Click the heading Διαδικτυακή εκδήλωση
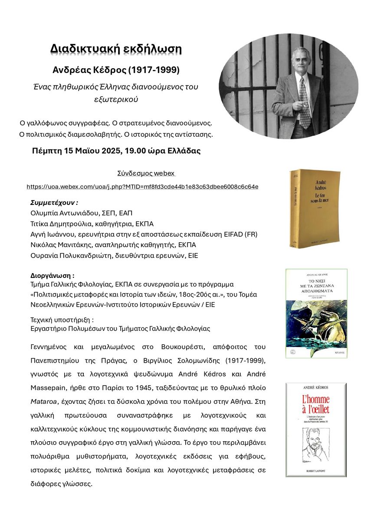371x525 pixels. click(x=116, y=49)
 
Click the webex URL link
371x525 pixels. click(x=142, y=187)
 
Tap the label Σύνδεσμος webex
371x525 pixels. click(x=146, y=173)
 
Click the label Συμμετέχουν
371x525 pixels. click(x=54, y=203)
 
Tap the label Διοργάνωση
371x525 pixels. click(x=52, y=276)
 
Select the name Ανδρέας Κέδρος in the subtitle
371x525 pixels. click(x=89, y=70)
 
